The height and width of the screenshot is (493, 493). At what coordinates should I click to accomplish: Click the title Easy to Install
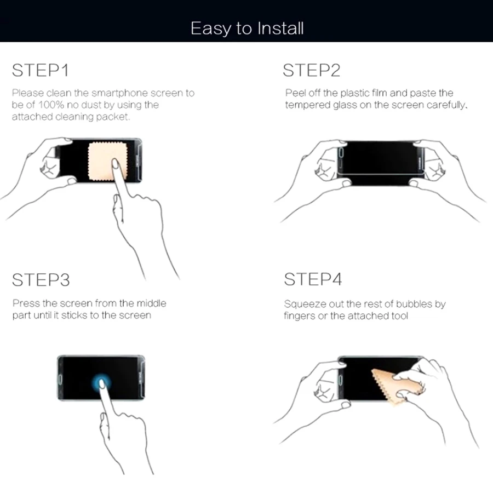[x=247, y=28]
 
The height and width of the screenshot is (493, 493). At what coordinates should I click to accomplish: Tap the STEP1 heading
[x=40, y=70]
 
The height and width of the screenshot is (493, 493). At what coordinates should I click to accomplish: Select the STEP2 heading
[x=311, y=70]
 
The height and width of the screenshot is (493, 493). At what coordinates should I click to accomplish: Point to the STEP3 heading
[x=41, y=279]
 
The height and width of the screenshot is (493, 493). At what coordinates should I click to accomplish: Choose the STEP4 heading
[x=313, y=279]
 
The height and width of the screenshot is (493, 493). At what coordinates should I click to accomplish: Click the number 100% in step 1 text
[x=51, y=105]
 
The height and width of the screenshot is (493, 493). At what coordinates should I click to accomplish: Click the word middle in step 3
[x=151, y=303]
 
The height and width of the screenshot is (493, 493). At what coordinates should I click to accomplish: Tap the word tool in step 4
[x=399, y=316]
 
